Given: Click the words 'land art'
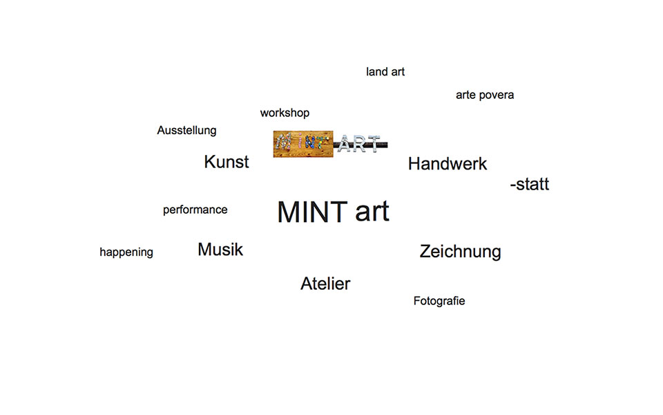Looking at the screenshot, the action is pyautogui.click(x=385, y=72).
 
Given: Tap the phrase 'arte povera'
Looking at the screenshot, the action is pyautogui.click(x=485, y=95).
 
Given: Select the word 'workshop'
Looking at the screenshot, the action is pyautogui.click(x=285, y=113).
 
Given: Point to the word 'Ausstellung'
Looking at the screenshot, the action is pyautogui.click(x=186, y=131).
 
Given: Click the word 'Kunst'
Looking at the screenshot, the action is pyautogui.click(x=227, y=162).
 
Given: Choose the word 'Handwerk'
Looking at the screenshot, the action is pyautogui.click(x=448, y=164).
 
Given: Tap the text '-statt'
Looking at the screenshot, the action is pyautogui.click(x=530, y=184).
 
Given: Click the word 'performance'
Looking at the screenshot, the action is pyautogui.click(x=195, y=210).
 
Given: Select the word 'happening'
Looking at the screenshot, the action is pyautogui.click(x=126, y=252).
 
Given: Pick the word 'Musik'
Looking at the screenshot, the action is pyautogui.click(x=220, y=250).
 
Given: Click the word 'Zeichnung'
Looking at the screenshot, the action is pyautogui.click(x=460, y=252).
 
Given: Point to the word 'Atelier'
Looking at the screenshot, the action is pyautogui.click(x=325, y=284).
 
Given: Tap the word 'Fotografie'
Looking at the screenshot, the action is pyautogui.click(x=439, y=301).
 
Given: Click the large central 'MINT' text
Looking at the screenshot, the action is pyautogui.click(x=312, y=212).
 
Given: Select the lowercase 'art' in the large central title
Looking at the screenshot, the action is pyautogui.click(x=372, y=212).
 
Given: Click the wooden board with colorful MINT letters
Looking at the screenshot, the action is pyautogui.click(x=302, y=144).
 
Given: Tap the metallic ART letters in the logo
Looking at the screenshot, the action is pyautogui.click(x=358, y=144).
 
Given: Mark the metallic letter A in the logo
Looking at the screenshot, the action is pyautogui.click(x=345, y=145).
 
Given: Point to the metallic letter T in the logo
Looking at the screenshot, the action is pyautogui.click(x=374, y=144).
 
